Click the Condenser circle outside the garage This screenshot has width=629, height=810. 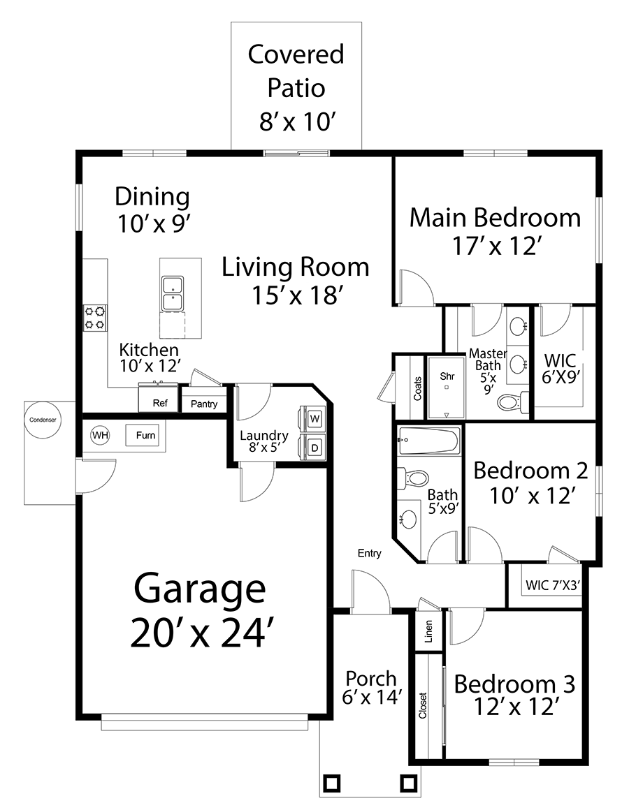coord(43,420)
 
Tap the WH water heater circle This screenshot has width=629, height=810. coord(100,435)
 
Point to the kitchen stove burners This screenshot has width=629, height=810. coord(96,318)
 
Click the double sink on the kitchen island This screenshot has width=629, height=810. coord(172,293)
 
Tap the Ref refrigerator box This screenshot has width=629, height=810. coord(160,402)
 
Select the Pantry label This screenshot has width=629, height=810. coord(204,404)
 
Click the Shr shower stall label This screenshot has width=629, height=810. coord(447,376)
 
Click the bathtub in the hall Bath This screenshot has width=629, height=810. coord(428,441)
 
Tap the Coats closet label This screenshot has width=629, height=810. coord(418,388)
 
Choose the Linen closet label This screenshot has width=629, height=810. coord(428,631)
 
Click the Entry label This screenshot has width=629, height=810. coord(370,553)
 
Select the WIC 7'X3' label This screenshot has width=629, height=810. coord(553,585)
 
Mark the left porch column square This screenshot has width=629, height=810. coord(331,783)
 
